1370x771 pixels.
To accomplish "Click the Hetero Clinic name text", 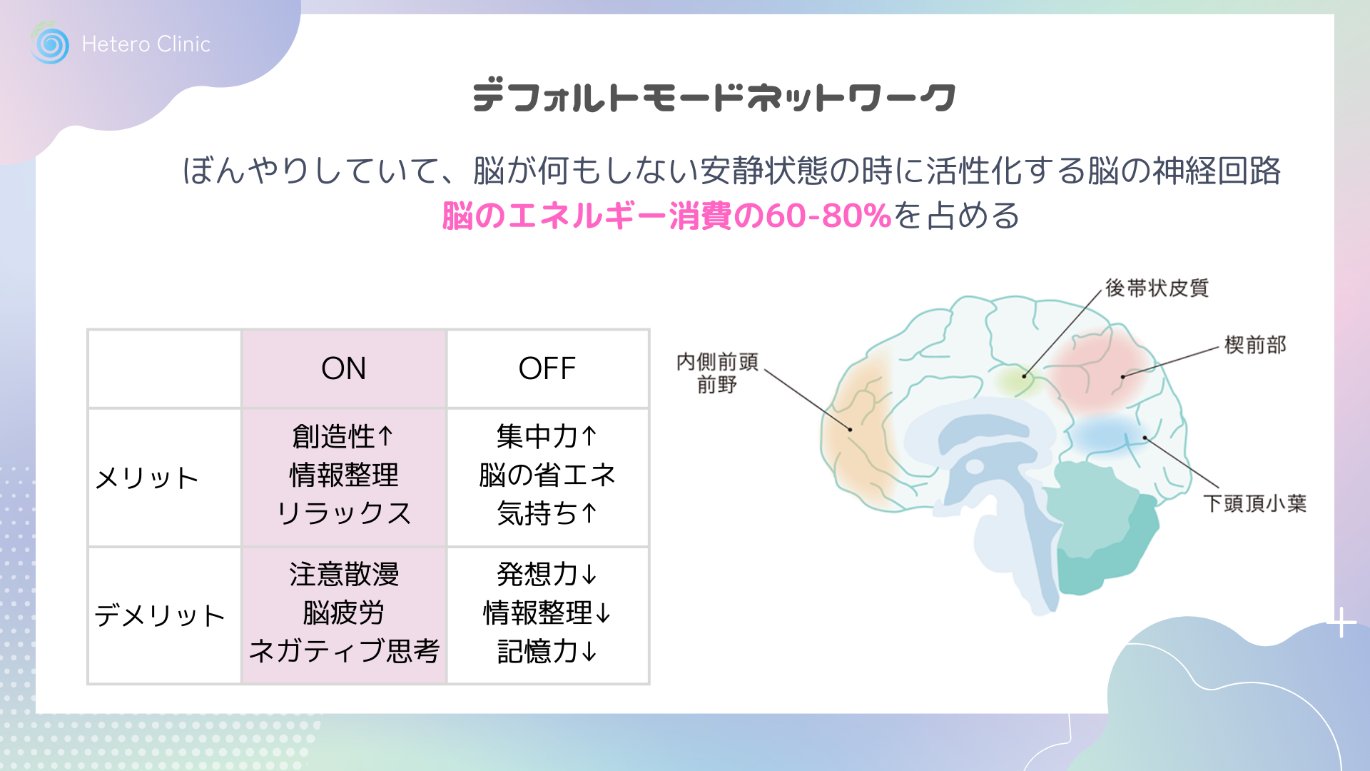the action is click(x=146, y=44).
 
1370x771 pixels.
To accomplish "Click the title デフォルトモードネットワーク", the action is click(x=714, y=97).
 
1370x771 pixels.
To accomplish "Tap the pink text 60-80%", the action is click(x=828, y=216).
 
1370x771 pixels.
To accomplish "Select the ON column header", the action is click(x=344, y=368).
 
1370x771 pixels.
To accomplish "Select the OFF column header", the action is click(x=547, y=368).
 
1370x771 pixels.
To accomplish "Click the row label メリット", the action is click(x=147, y=478).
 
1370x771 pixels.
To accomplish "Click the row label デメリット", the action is click(x=160, y=615).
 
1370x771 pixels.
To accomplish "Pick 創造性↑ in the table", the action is click(x=343, y=436).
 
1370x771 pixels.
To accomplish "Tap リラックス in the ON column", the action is click(x=344, y=513).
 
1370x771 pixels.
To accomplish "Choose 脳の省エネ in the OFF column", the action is click(x=547, y=475).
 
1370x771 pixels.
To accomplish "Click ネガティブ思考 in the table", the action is click(x=344, y=651).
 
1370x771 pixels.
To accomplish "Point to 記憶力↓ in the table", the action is click(x=547, y=651).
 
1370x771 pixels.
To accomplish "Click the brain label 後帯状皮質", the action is click(x=1157, y=288).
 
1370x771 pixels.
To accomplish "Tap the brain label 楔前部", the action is click(x=1255, y=345).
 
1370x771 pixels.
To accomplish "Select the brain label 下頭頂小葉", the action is click(x=1255, y=503).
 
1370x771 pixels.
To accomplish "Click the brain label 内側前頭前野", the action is click(x=717, y=373).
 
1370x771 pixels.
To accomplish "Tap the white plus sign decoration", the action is click(x=1342, y=623).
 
